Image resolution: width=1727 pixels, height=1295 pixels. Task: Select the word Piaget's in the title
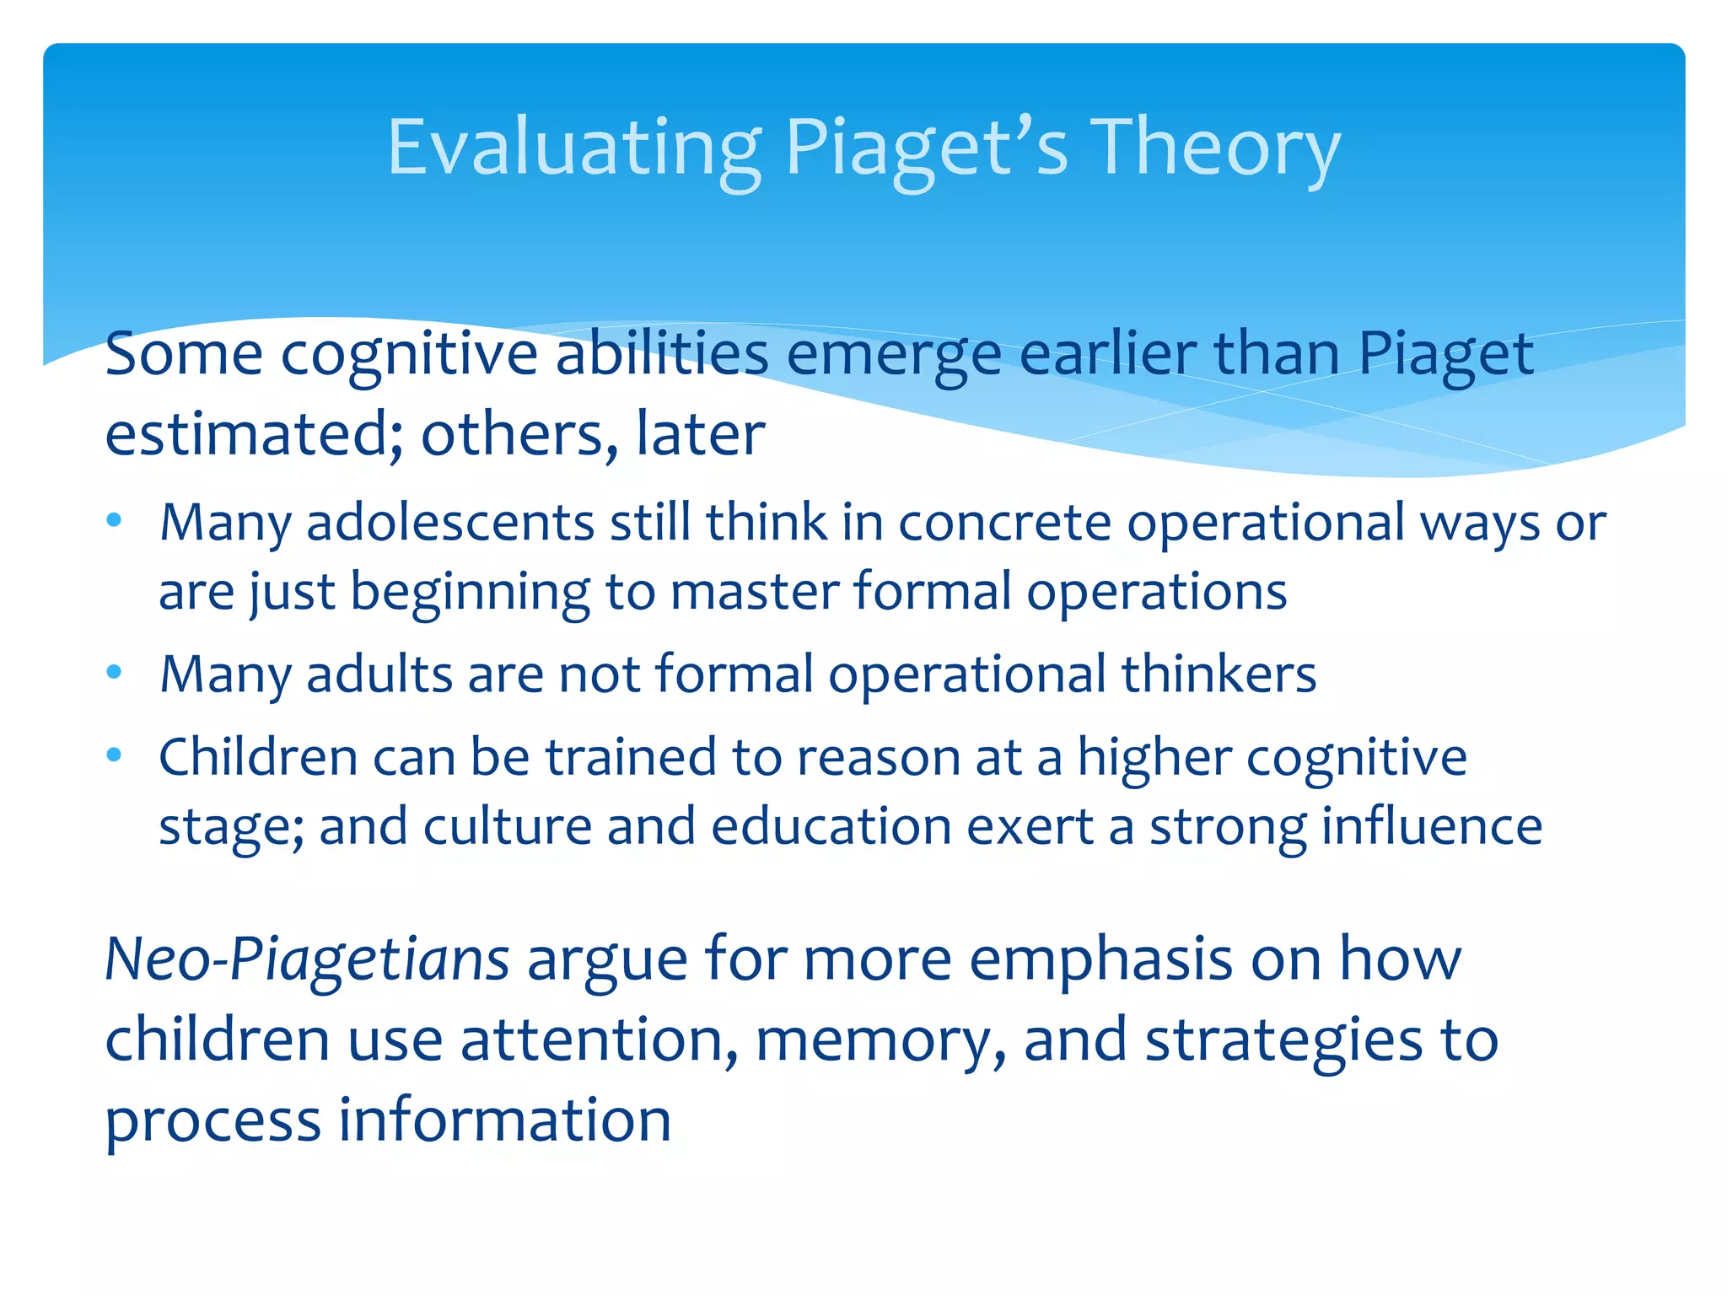[927, 148]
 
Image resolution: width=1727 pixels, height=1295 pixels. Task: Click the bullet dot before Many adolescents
[115, 520]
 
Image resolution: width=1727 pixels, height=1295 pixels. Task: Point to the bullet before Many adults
[115, 672]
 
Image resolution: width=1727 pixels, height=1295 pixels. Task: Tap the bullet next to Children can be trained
[115, 755]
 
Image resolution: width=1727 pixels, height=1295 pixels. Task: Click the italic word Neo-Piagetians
[307, 959]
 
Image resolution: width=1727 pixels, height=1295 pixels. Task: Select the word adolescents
[450, 523]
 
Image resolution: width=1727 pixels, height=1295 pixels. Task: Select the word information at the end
[504, 1121]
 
